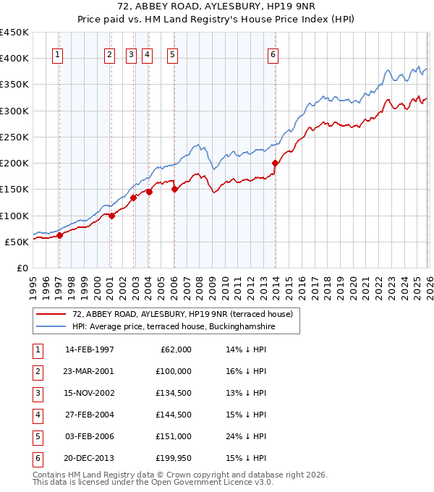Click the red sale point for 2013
(275, 164)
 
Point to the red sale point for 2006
(174, 190)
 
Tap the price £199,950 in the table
(173, 458)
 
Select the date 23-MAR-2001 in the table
(89, 371)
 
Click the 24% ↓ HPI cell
(247, 436)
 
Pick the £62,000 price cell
(174, 349)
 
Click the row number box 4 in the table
(37, 415)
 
